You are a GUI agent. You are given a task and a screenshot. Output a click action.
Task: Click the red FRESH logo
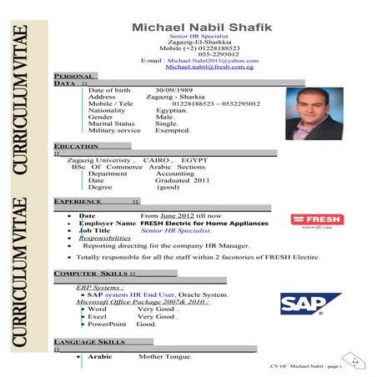316,219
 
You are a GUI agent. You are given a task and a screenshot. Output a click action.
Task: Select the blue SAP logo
310,303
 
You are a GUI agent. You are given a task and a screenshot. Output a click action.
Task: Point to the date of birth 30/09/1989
174,89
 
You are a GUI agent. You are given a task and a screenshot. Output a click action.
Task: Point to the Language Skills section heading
88,342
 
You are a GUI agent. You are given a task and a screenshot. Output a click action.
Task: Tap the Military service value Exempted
173,130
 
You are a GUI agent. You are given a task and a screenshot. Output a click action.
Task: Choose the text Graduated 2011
182,179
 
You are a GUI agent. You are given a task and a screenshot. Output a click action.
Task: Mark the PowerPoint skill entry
112,324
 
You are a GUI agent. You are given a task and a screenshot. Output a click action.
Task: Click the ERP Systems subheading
99,287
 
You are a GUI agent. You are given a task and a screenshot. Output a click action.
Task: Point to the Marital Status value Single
167,123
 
